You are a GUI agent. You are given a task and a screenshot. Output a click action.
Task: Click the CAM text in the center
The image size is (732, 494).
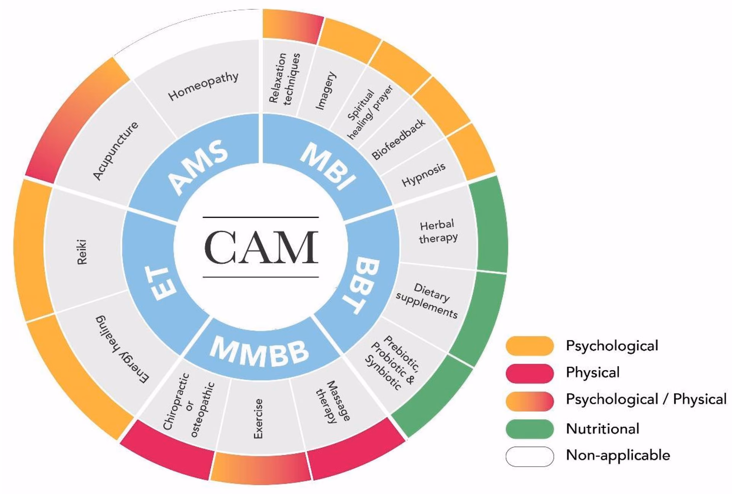pyautogui.click(x=261, y=247)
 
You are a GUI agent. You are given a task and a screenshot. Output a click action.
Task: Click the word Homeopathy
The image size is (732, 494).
pyautogui.click(x=203, y=87)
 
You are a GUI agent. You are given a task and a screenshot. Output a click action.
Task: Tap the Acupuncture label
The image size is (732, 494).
pyautogui.click(x=116, y=151)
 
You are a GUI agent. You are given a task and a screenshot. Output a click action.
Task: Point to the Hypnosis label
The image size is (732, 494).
pyautogui.click(x=424, y=175)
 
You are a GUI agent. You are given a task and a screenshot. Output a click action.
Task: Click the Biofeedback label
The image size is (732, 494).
pyautogui.click(x=398, y=139)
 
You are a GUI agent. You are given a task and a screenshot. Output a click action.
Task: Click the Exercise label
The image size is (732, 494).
pyautogui.click(x=258, y=419)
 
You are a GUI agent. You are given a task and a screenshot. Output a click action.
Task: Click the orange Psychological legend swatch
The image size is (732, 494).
pyautogui.click(x=530, y=346)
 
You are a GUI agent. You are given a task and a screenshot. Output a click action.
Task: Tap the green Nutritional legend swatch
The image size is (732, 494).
pyautogui.click(x=530, y=429)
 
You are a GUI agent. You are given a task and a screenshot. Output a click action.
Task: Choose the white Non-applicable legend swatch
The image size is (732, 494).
pyautogui.click(x=530, y=456)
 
